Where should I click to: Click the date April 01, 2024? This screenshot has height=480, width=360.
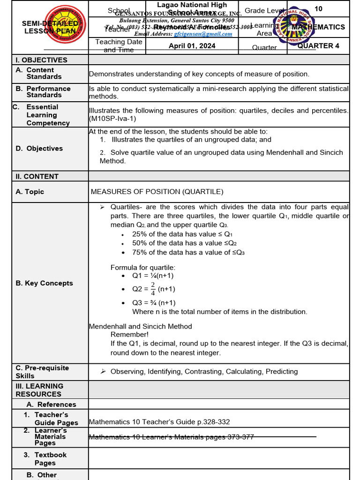(x=192, y=45)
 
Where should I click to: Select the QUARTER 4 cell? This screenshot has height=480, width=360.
(x=318, y=45)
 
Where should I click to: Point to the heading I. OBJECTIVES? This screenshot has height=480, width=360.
(x=42, y=60)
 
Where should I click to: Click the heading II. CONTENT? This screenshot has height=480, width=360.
(x=37, y=176)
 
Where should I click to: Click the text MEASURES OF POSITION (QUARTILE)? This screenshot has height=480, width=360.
(x=157, y=191)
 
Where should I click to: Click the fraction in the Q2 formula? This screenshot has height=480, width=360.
(x=152, y=289)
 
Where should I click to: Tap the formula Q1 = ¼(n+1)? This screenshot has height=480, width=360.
(x=153, y=276)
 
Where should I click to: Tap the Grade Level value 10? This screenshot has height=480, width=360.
(x=318, y=9)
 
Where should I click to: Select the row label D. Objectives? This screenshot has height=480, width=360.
(x=39, y=148)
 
